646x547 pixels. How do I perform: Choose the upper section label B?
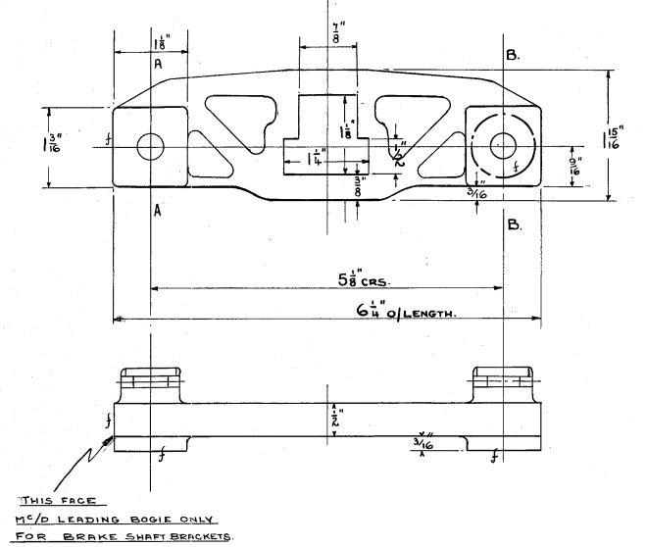coord(513,57)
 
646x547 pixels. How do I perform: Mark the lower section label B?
coord(513,224)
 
